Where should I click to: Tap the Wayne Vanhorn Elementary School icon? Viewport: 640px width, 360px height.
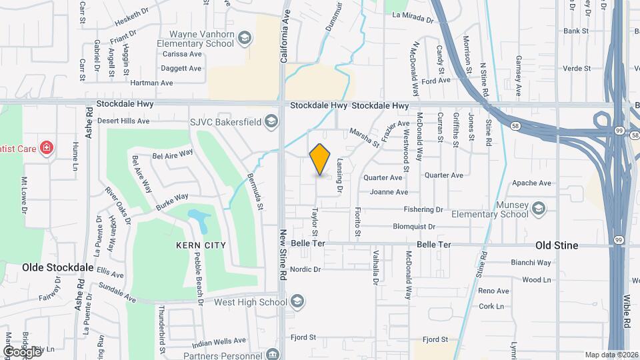point(245,38)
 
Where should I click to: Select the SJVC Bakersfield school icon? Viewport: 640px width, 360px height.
point(271,121)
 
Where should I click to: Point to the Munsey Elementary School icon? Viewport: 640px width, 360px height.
point(538,210)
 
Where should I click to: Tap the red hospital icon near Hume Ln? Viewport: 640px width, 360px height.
point(47,147)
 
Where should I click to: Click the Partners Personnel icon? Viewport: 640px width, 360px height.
point(271,354)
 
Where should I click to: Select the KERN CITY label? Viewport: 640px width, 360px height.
point(201,245)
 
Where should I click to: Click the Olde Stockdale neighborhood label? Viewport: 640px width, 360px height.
point(58,267)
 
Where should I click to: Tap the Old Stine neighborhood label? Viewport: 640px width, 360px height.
point(557,245)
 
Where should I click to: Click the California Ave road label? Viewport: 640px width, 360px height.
point(285,38)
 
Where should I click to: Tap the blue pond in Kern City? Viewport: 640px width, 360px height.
point(197,217)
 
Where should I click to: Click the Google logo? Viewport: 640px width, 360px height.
point(22,351)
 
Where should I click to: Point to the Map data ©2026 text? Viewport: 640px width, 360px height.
point(612,355)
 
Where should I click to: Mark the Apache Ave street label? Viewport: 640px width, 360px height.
point(531,183)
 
